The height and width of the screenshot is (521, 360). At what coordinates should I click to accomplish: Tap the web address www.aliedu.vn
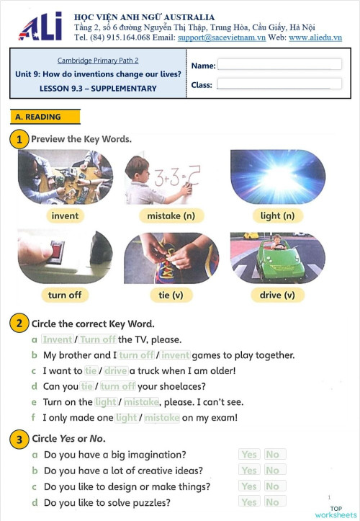click(315, 37)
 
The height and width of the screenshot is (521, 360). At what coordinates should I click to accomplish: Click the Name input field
click(279, 65)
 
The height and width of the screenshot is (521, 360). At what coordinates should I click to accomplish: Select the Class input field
click(279, 84)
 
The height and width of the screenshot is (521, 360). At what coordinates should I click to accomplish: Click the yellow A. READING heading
click(45, 117)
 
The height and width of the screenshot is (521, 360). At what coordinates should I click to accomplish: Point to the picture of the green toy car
click(277, 257)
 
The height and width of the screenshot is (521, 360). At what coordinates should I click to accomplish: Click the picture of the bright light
click(277, 177)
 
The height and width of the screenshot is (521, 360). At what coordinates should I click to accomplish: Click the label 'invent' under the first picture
click(65, 215)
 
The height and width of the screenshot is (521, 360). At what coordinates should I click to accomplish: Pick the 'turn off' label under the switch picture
click(65, 295)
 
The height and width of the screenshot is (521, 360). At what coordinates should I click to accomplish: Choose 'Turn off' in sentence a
click(98, 339)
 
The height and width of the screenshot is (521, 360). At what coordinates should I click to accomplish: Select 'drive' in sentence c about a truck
click(115, 370)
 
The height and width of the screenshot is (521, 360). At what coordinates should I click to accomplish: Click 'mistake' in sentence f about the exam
click(161, 417)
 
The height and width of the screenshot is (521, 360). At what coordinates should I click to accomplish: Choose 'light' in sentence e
click(105, 402)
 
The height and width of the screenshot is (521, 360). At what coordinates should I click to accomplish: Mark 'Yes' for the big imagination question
click(249, 455)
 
